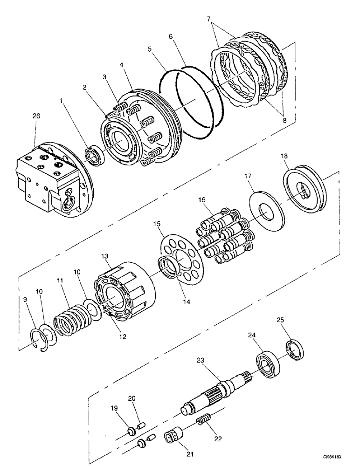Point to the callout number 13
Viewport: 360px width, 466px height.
point(104,257)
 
